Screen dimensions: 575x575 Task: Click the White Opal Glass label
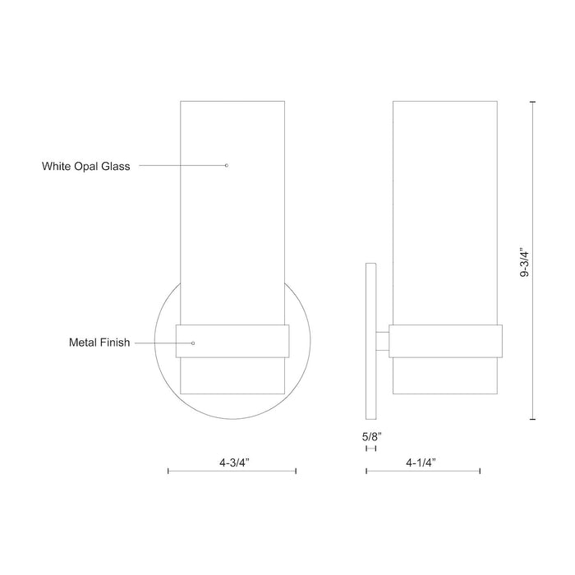[x=86, y=166]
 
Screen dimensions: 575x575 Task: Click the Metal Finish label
[x=99, y=343]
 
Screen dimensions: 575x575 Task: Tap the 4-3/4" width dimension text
[x=234, y=462]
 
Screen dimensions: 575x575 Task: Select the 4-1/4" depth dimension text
[x=421, y=462]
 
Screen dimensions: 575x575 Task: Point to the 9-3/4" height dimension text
[x=525, y=261]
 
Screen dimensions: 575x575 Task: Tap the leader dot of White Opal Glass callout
[x=226, y=166]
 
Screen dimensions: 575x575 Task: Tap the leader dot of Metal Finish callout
[x=193, y=343]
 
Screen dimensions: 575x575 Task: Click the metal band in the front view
[x=238, y=341]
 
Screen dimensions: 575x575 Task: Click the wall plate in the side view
[x=370, y=341]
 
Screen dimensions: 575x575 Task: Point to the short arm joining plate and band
[x=382, y=341]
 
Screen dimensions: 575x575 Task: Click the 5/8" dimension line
[x=370, y=448]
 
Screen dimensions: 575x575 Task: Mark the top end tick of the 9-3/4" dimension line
[x=534, y=101]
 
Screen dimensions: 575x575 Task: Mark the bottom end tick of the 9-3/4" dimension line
[x=534, y=420]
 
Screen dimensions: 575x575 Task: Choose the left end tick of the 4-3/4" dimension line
[x=168, y=471]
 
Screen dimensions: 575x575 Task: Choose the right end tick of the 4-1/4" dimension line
[x=480, y=471]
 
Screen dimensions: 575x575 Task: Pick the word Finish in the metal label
[x=114, y=343]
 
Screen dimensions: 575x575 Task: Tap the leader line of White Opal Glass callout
[x=181, y=166]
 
